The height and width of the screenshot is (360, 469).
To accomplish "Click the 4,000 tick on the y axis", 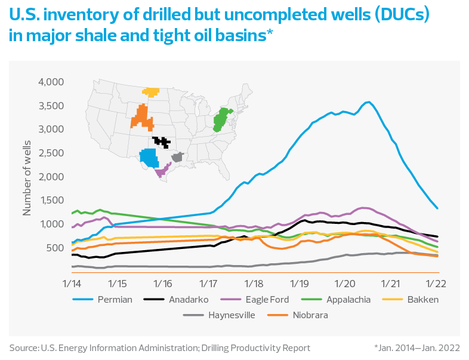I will click(x=51, y=82).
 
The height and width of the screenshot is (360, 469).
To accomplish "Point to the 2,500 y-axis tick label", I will click(x=51, y=153).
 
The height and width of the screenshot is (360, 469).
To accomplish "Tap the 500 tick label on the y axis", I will click(x=55, y=248).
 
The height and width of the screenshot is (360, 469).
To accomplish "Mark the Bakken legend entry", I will click(x=421, y=299).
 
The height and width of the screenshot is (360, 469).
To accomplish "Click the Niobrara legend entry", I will click(x=307, y=315).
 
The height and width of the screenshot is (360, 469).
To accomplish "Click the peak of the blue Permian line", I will click(x=368, y=102).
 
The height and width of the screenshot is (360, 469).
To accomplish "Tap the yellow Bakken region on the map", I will click(x=151, y=92).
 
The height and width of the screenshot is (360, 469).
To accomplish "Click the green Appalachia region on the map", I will click(x=222, y=119).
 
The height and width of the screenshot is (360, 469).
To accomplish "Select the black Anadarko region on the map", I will click(x=161, y=142).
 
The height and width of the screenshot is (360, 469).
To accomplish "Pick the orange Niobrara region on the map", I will click(x=143, y=117).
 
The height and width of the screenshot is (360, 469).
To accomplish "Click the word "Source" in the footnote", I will click(x=23, y=347).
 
